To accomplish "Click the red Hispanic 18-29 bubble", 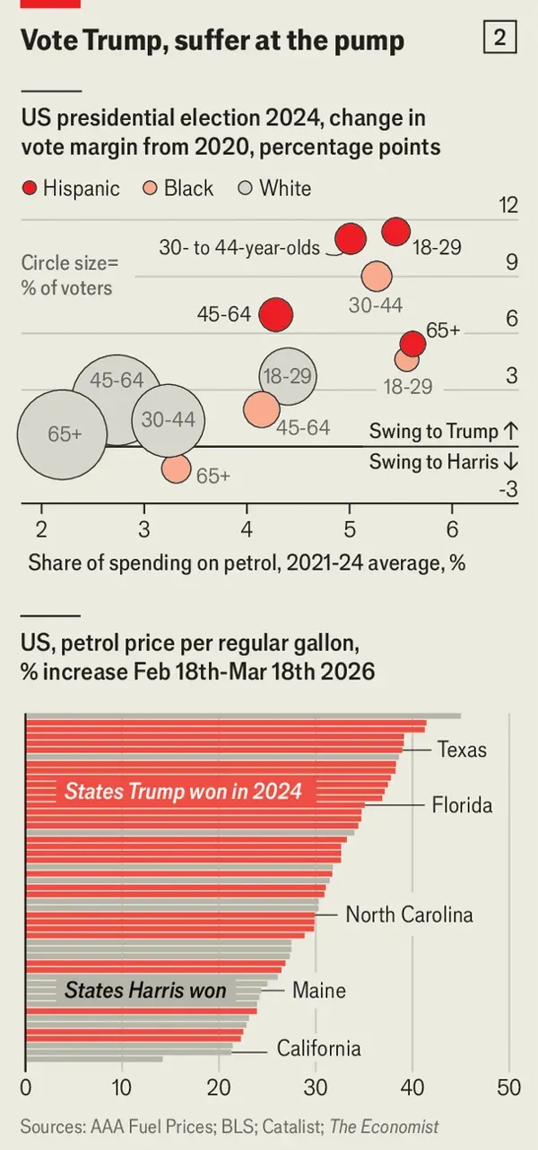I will [x=395, y=231].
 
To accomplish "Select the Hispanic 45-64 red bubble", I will [x=276, y=314].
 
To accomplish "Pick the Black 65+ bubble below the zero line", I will [x=177, y=468].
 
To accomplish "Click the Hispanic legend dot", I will [x=30, y=188].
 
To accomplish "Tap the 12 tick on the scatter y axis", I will [x=508, y=205].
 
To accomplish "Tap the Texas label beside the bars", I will [x=462, y=750].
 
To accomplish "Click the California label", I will [x=318, y=1049].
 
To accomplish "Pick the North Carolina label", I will [x=409, y=914].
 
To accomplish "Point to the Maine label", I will [x=318, y=991].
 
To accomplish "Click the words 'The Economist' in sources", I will [x=385, y=1127].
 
